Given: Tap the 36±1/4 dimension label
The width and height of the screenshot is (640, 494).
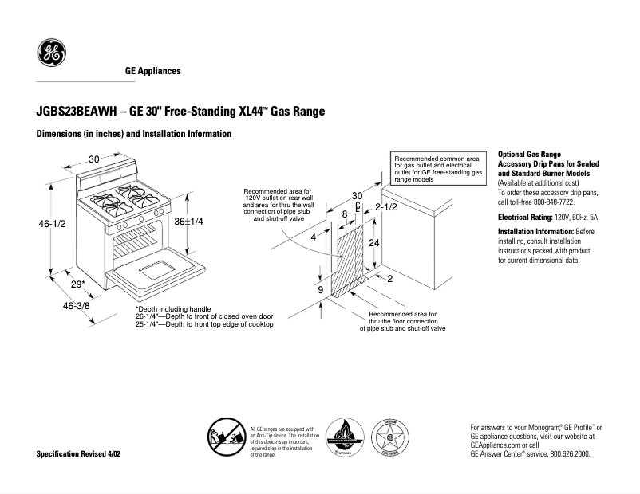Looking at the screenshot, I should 189,221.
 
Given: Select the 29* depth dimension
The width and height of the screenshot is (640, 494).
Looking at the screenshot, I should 77,284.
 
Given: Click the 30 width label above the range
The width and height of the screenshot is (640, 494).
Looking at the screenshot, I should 93,159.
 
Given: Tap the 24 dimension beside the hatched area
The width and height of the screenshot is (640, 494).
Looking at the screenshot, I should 373,242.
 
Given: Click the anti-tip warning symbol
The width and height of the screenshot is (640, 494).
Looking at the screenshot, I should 226,439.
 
